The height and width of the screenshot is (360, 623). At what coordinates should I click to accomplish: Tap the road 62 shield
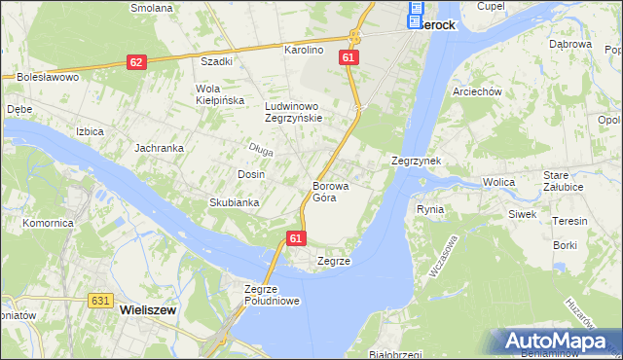136,62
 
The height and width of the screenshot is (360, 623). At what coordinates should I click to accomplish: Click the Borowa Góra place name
324,191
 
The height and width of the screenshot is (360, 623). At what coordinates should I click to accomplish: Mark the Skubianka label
234,202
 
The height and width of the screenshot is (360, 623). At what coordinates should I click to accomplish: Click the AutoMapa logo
560,341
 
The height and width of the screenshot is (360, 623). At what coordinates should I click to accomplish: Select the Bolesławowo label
47,76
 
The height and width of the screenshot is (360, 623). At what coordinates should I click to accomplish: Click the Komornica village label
50,223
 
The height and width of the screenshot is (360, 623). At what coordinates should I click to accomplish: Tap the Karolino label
303,49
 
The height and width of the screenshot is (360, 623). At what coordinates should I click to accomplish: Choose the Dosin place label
251,174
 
